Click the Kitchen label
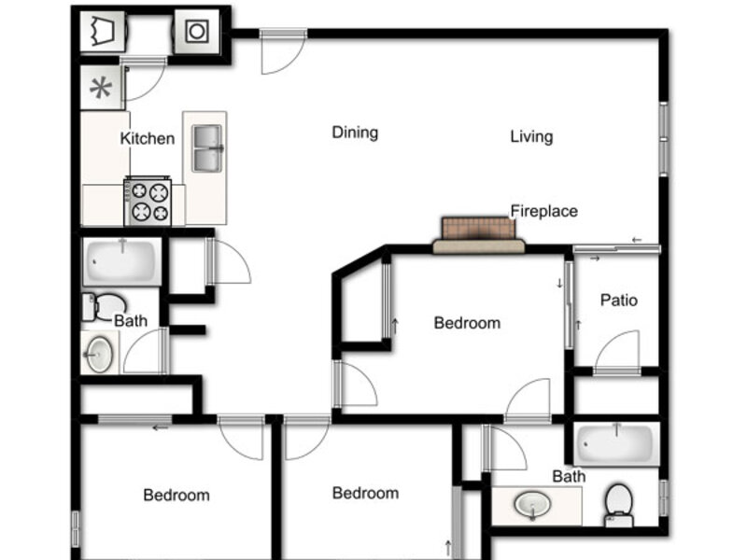[x=148, y=138]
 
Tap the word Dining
[x=355, y=133]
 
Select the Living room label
[x=531, y=136]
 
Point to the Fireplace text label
[x=544, y=211]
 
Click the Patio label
[x=619, y=300]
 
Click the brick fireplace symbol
[x=479, y=235]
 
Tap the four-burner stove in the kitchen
[x=148, y=201]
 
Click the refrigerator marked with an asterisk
[x=101, y=88]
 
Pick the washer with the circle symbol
[x=197, y=32]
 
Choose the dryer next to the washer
[x=103, y=32]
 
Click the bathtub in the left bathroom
[x=122, y=262]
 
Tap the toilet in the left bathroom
[x=105, y=307]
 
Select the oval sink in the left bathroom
[x=99, y=354]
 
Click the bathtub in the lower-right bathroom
[x=616, y=443]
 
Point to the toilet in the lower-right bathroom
[x=619, y=506]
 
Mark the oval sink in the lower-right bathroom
[x=532, y=505]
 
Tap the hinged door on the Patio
[x=616, y=353]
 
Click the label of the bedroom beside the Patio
[x=467, y=323]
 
